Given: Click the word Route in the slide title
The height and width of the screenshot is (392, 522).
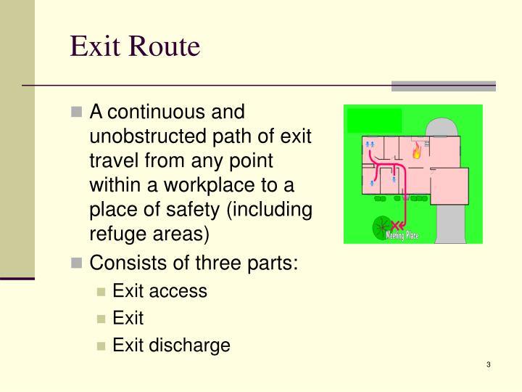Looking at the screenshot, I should coord(165,46).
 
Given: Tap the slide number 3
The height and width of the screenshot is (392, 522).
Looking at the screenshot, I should coord(489,364).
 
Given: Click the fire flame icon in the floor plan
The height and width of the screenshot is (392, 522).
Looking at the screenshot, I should coord(417,152).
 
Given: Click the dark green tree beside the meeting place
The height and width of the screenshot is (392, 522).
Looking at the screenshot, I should coord(381,227).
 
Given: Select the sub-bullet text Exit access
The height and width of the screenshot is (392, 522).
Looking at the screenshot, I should coord(159,291).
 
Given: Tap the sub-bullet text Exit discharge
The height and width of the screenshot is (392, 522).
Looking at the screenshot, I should coord(171,345).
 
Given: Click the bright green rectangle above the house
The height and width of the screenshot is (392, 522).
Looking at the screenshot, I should coord(374,121).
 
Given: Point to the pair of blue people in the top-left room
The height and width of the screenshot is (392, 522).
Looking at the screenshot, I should coord(370,146).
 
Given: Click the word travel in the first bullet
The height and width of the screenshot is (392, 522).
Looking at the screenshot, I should coord(112,161).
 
